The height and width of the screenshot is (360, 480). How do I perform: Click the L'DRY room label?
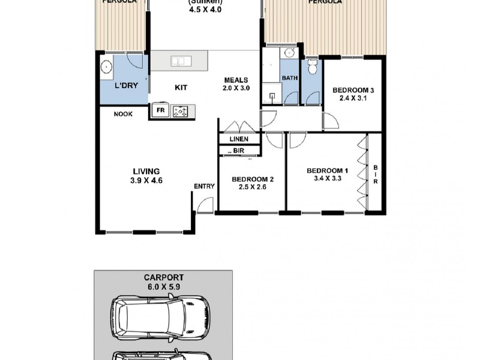126,86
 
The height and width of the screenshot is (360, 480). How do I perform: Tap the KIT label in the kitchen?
181,88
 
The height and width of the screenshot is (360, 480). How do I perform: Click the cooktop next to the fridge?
180,110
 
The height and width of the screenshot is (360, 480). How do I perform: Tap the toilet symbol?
311,67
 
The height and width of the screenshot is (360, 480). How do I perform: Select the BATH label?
290,78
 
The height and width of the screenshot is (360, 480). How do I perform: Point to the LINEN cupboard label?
238,139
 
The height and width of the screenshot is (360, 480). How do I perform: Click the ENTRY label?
204,187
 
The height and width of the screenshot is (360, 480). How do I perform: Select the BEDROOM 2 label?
253,179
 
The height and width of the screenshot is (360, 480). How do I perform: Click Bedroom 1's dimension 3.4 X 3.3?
328,178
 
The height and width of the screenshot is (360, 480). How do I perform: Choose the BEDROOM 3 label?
353,91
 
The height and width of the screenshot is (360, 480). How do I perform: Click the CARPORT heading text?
163,278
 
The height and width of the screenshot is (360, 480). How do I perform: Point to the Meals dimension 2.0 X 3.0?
236,88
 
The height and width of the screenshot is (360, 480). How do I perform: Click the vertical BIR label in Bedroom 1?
375,175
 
